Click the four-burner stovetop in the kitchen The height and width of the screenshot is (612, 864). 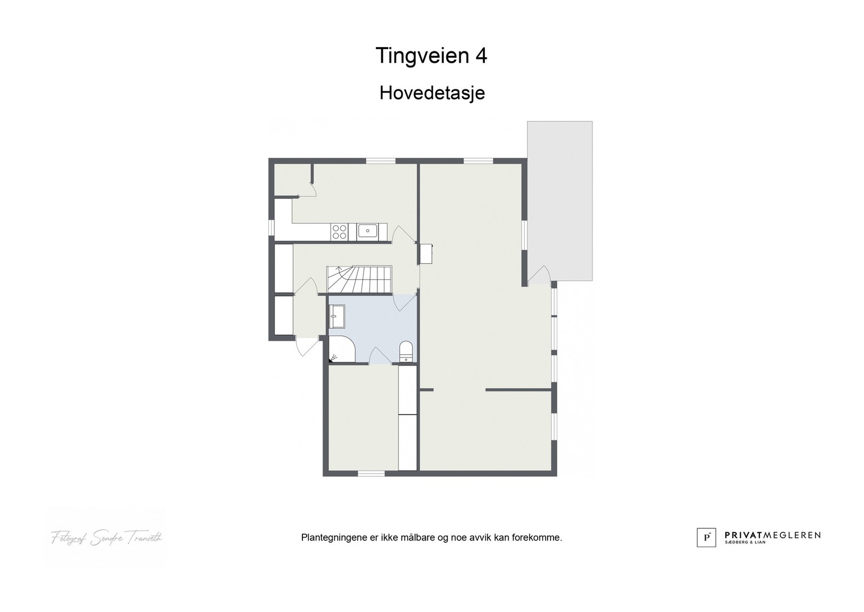pyautogui.click(x=340, y=232)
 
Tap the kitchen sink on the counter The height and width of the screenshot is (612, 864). pyautogui.click(x=368, y=231)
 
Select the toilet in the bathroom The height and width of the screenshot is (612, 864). pyautogui.click(x=406, y=351)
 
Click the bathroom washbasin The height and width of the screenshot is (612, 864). pyautogui.click(x=336, y=315)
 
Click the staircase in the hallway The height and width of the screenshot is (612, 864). pyautogui.click(x=359, y=280)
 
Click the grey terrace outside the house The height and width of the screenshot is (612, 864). pyautogui.click(x=560, y=200)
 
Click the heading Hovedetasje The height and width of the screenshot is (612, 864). pyautogui.click(x=432, y=93)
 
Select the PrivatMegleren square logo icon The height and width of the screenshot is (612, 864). pyautogui.click(x=706, y=537)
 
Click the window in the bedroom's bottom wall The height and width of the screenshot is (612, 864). pyautogui.click(x=371, y=474)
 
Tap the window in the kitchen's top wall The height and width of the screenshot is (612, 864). pyautogui.click(x=381, y=161)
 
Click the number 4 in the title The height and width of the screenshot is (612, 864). pyautogui.click(x=481, y=56)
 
